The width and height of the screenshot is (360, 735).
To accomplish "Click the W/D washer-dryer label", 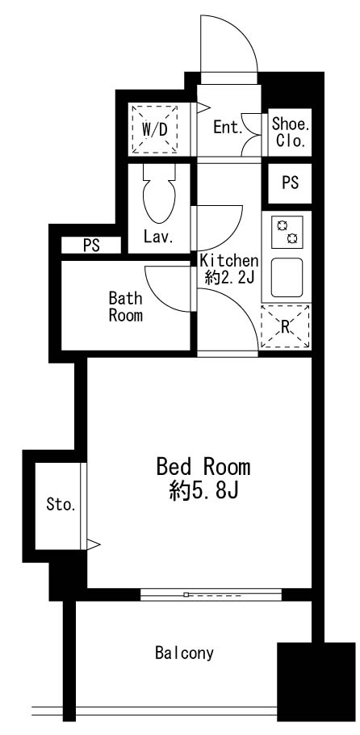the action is (154, 129).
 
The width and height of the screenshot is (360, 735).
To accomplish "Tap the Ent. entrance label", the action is (228, 127).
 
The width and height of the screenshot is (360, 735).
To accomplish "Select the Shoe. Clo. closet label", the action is (291, 132).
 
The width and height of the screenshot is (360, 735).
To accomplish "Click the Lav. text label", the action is (159, 237).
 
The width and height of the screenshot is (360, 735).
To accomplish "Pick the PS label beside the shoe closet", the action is (291, 183).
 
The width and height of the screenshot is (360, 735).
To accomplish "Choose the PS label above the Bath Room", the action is (91, 246).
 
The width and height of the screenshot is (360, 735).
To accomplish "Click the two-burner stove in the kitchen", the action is (287, 233).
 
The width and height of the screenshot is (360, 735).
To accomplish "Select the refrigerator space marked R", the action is (285, 327).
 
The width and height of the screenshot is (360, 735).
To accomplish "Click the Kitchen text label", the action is (229, 260).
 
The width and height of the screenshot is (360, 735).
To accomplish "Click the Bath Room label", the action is (126, 307).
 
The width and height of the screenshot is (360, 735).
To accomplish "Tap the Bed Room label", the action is (203, 467).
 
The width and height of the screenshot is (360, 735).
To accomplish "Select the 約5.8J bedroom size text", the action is (203, 492).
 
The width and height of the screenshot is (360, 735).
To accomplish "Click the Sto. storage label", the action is (61, 505).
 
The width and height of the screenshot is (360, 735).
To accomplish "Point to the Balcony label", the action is (185, 653).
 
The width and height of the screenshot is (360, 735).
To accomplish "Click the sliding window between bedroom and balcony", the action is (211, 594).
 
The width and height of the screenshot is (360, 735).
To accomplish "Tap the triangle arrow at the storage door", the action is (94, 544).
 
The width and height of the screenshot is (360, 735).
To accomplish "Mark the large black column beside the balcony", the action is (316, 682).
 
